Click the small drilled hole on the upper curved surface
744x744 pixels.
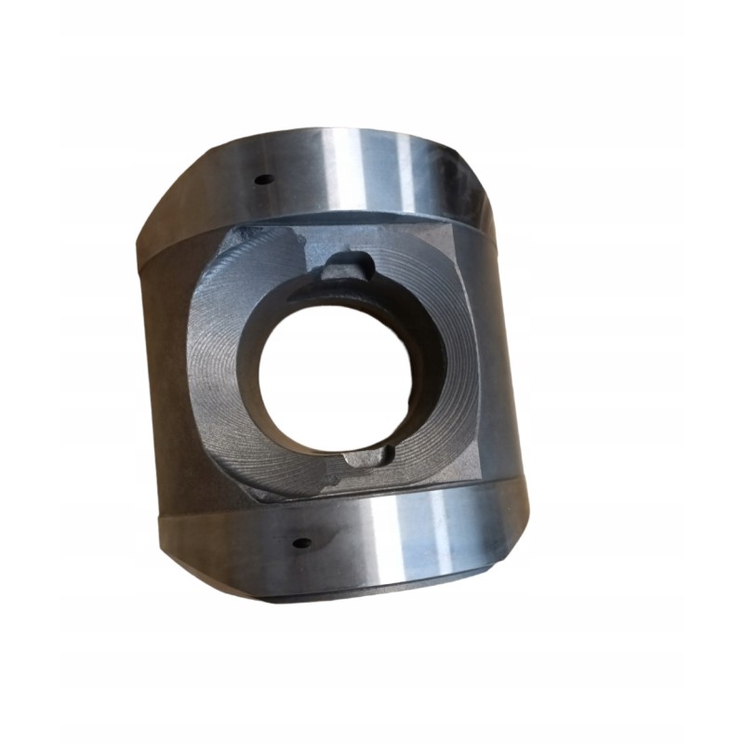coord(263,179)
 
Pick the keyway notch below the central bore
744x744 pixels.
coord(365,458)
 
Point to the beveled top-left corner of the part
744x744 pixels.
coord(172,200)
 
